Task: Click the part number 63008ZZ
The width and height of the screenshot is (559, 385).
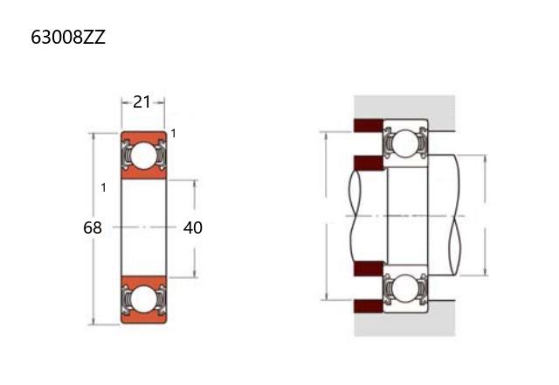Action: [x=68, y=37]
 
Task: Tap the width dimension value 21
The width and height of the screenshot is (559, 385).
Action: [x=141, y=102]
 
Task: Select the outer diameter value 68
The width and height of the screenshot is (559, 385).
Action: [x=93, y=227]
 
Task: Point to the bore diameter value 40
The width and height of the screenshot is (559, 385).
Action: [x=193, y=227]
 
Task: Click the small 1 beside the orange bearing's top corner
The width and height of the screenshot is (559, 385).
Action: [x=173, y=134]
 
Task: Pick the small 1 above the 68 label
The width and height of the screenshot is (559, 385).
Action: [x=103, y=187]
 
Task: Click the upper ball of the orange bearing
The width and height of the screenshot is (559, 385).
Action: [x=143, y=156]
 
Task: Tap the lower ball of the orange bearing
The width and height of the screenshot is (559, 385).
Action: [x=143, y=298]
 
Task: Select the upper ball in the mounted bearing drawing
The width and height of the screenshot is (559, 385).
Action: [x=406, y=143]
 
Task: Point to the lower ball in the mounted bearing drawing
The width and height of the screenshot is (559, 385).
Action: [x=406, y=289]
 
